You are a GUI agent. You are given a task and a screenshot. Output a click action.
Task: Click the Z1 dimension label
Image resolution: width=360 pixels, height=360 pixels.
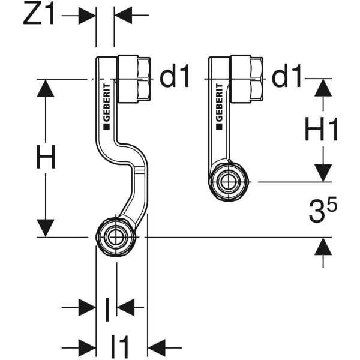[x=39, y=16]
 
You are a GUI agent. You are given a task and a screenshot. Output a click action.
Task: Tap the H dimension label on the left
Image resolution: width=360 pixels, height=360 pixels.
[x=45, y=158]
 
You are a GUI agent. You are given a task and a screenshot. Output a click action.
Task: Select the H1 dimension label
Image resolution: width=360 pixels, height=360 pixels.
[x=322, y=130]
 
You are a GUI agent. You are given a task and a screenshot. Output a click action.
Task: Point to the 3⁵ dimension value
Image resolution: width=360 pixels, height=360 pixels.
[x=323, y=211]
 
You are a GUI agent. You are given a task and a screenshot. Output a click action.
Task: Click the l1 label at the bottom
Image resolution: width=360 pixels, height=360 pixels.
[x=120, y=346]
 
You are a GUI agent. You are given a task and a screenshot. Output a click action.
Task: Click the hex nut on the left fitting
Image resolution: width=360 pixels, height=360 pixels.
[x=135, y=77]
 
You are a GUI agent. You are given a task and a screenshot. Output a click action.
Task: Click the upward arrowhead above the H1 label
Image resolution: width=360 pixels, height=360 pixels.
[x=323, y=89]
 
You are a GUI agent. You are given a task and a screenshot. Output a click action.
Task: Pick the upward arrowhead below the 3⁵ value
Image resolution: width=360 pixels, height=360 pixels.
[x=323, y=247]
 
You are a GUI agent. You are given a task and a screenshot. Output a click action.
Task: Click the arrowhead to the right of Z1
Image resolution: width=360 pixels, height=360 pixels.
[x=124, y=16]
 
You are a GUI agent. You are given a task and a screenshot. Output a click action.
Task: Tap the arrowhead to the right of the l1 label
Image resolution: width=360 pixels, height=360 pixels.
[x=157, y=346]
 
